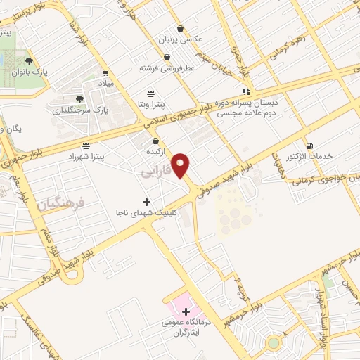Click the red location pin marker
(181, 165)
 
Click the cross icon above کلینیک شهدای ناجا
(147, 202)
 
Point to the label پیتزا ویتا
(150, 103)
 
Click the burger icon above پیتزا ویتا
(150, 94)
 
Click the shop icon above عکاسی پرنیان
(182, 30)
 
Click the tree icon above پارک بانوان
(29, 62)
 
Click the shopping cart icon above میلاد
(105, 72)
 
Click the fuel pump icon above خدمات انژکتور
(310, 146)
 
